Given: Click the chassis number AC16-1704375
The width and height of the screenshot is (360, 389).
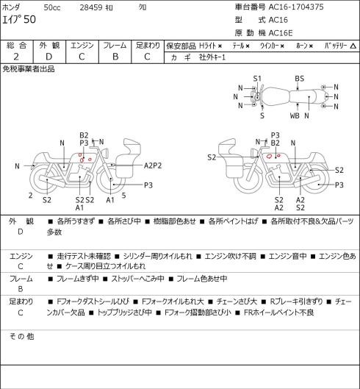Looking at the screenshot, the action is [x=296, y=7].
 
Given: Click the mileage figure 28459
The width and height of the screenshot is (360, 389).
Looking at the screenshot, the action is [x=91, y=7].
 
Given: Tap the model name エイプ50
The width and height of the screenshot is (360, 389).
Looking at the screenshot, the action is [x=19, y=20].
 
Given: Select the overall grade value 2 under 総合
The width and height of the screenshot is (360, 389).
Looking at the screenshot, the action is [x=16, y=57].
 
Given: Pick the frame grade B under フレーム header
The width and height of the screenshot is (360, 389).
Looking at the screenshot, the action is [x=115, y=57].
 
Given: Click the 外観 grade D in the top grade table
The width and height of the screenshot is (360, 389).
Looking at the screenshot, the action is [x=49, y=57].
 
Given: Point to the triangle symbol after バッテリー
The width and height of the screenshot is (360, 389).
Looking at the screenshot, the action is [x=353, y=46].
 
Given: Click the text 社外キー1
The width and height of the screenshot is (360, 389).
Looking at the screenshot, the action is [x=212, y=57].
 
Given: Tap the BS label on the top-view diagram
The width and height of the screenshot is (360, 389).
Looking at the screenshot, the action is [x=299, y=79].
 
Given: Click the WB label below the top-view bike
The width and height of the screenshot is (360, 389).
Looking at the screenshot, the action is [x=295, y=115].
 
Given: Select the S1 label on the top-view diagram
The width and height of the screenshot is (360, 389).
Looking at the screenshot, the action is [x=257, y=79].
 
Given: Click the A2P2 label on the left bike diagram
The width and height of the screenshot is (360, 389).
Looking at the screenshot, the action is [x=153, y=165].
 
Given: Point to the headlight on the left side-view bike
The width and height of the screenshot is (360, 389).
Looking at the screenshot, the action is [x=105, y=152].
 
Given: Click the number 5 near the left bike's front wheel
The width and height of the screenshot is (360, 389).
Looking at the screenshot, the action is [x=123, y=196].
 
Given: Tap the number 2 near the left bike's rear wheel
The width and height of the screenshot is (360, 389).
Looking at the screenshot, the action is [x=31, y=196].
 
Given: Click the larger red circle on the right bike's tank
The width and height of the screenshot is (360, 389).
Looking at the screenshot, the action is [x=269, y=156].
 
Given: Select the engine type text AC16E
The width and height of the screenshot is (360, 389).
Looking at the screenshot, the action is [x=281, y=33].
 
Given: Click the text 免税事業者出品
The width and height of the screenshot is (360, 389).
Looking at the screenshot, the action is [x=29, y=69].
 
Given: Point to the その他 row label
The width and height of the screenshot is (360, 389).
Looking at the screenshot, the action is [x=21, y=337].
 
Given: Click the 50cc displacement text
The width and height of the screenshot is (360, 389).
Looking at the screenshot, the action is [x=52, y=7].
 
